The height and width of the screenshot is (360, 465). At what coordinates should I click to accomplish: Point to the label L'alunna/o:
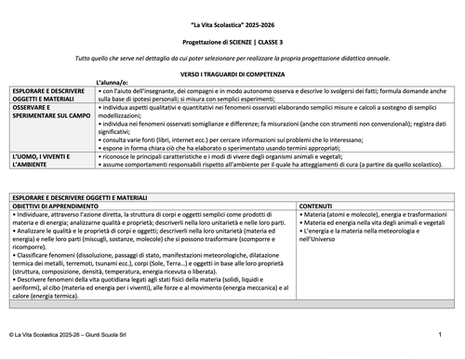point(114,84)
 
